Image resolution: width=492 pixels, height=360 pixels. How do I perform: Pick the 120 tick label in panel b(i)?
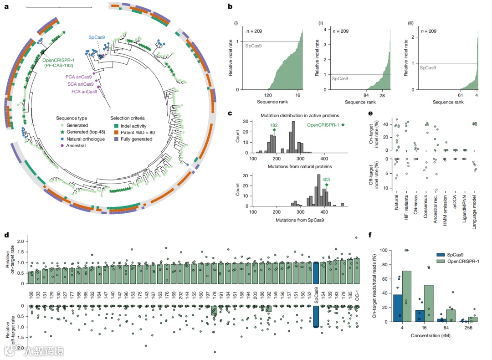tap(268, 95)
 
